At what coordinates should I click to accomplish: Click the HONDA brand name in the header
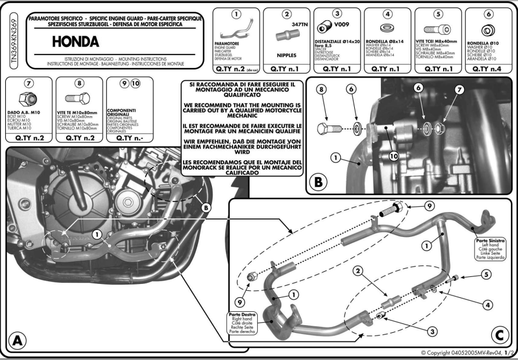75,42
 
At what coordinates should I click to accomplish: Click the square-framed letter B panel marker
318,182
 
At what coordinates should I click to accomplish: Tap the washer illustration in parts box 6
488,29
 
